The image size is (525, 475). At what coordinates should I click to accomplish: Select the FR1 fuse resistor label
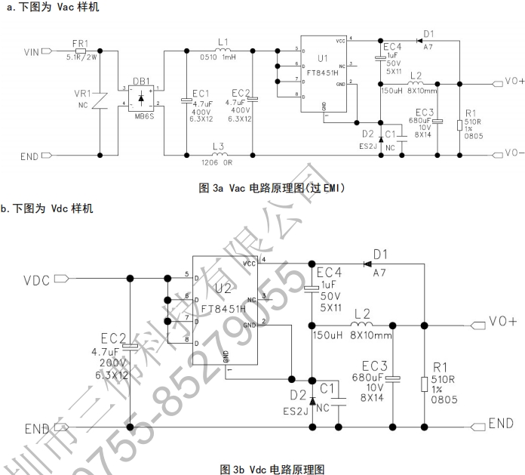pos(80,43)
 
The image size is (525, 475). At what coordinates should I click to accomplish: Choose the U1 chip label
pos(323,57)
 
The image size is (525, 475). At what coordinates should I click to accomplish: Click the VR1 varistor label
pos(81,93)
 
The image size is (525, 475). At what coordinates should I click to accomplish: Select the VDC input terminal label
pos(37,280)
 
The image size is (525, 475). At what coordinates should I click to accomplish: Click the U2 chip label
pos(223,288)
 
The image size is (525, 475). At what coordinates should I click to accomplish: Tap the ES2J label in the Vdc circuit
pos(296,412)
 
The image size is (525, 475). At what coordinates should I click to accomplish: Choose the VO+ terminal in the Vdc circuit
pos(502,321)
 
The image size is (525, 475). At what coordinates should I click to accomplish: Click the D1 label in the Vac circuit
pos(428,34)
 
